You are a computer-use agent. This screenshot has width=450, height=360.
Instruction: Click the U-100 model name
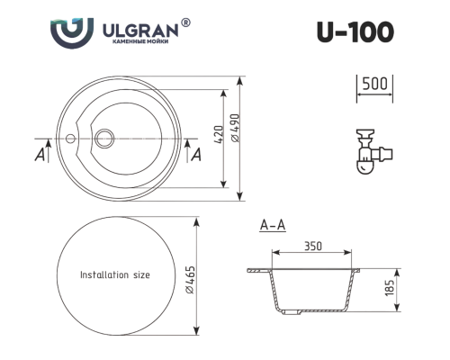(x=355, y=32)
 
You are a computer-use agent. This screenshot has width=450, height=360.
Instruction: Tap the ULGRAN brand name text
(x=140, y=30)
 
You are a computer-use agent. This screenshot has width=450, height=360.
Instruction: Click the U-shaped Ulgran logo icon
(x=72, y=33)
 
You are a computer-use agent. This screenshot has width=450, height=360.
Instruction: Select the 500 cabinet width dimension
(x=374, y=84)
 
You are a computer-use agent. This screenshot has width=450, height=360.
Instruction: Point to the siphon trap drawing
(x=374, y=152)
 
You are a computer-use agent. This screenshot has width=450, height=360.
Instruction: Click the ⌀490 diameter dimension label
(x=236, y=128)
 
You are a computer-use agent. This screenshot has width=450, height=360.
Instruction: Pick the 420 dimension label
(x=220, y=134)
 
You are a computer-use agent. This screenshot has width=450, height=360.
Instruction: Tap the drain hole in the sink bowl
(x=104, y=139)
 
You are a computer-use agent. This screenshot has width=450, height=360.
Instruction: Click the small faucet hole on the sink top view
(x=70, y=139)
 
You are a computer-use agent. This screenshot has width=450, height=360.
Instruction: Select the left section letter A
(x=40, y=155)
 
